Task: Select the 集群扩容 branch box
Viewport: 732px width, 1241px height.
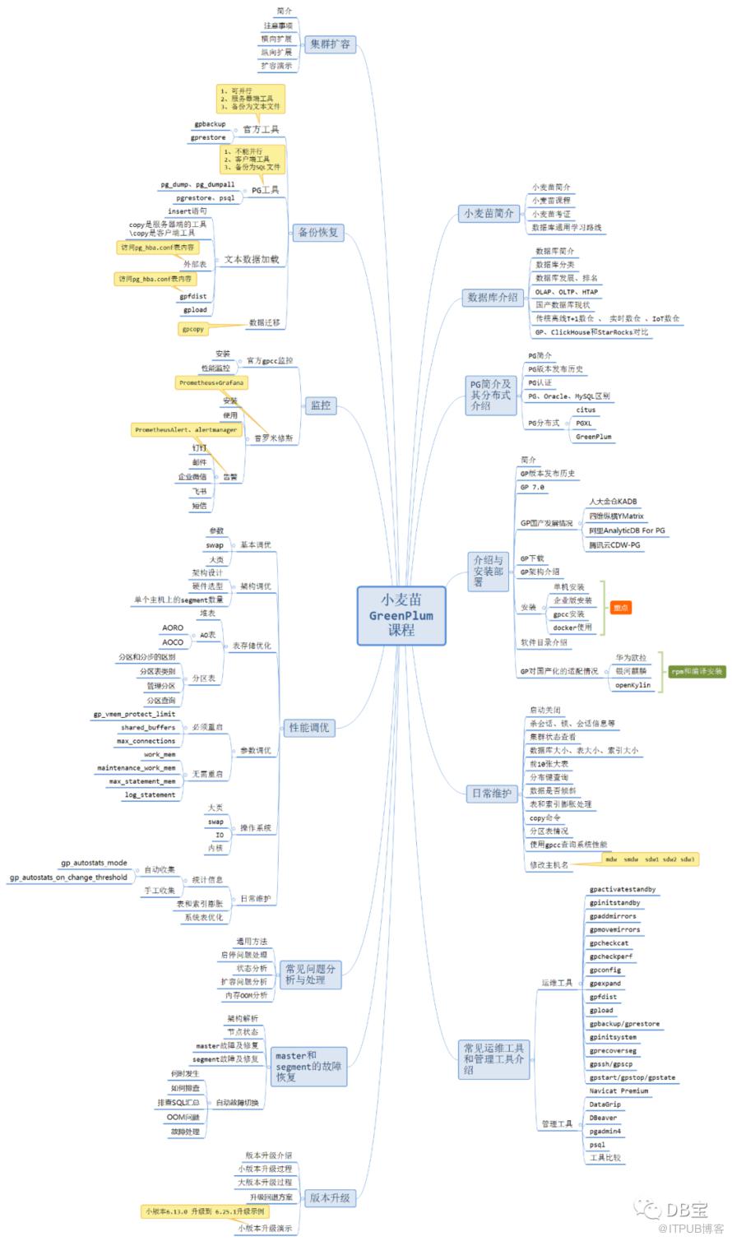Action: pyautogui.click(x=330, y=44)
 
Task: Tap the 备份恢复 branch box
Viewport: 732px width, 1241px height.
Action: pyautogui.click(x=318, y=232)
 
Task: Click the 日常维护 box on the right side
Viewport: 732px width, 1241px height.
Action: pyautogui.click(x=490, y=794)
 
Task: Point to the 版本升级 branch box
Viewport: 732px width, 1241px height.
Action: pyautogui.click(x=330, y=1197)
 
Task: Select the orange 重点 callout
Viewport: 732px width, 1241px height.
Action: pyautogui.click(x=621, y=608)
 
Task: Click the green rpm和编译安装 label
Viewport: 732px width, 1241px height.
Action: pyautogui.click(x=697, y=671)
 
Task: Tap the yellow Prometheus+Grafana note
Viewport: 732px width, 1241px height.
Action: pyautogui.click(x=211, y=383)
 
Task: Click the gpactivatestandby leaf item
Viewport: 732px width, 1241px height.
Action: pyautogui.click(x=622, y=890)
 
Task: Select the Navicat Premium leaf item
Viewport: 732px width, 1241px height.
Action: pyautogui.click(x=618, y=1091)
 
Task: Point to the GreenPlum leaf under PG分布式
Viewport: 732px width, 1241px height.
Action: pyautogui.click(x=593, y=437)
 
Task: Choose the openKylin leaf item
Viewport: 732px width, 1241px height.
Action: pyautogui.click(x=632, y=685)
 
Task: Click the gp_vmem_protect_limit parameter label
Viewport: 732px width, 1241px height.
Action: pyautogui.click(x=133, y=714)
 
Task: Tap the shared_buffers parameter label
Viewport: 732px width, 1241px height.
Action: pyautogui.click(x=147, y=728)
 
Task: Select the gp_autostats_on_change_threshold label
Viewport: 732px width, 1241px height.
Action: pyautogui.click(x=69, y=877)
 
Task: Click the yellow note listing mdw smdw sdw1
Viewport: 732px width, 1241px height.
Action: pyautogui.click(x=649, y=859)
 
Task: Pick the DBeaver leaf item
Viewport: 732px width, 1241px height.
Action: pyautogui.click(x=604, y=1118)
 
